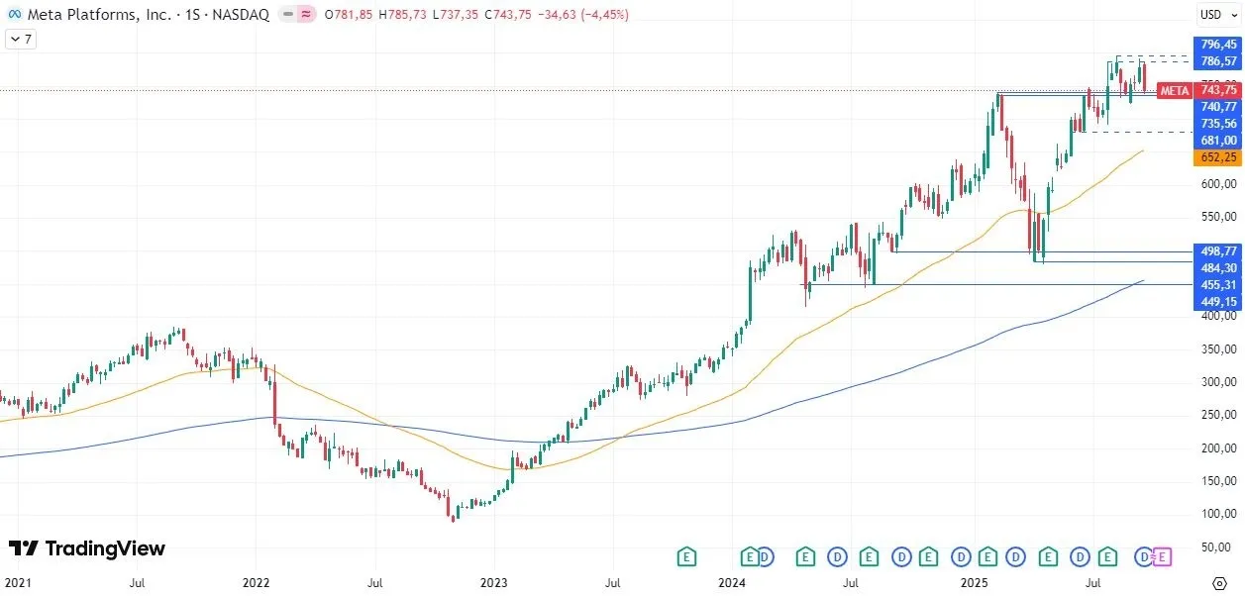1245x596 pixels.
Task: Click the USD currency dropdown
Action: click(x=1214, y=14)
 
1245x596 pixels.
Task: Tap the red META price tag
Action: click(x=1175, y=90)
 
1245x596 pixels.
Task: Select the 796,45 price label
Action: click(x=1218, y=45)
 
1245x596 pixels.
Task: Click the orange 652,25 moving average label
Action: click(x=1218, y=157)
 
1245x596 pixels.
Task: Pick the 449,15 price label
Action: click(x=1218, y=302)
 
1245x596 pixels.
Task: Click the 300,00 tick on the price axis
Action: click(x=1218, y=382)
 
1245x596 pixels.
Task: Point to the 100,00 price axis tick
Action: click(x=1218, y=514)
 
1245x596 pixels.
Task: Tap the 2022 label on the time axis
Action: click(x=257, y=584)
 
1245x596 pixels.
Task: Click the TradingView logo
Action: click(x=87, y=548)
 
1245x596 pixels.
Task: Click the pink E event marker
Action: click(x=1163, y=556)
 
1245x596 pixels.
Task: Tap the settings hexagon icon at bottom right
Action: click(x=1220, y=583)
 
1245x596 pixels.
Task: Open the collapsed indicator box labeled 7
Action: click(x=20, y=40)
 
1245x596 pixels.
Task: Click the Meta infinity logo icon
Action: click(x=14, y=14)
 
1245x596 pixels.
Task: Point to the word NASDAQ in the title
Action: click(x=241, y=14)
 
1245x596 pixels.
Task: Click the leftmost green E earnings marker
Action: click(x=685, y=556)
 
